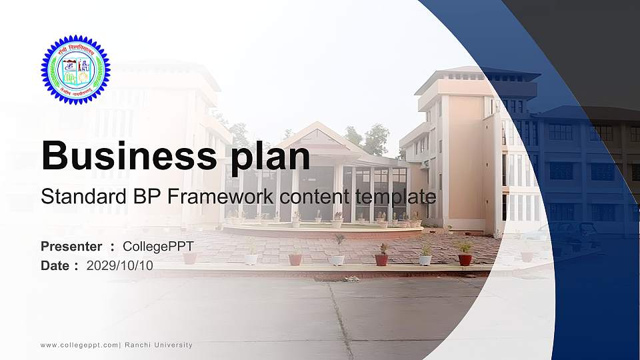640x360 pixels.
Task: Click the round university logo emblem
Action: tap(74, 69)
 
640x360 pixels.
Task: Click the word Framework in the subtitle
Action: tap(211, 197)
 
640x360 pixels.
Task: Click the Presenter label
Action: tap(71, 247)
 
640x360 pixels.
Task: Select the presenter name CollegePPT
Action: tap(158, 247)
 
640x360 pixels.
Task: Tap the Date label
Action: tap(55, 265)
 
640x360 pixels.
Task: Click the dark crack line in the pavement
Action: tap(340, 320)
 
